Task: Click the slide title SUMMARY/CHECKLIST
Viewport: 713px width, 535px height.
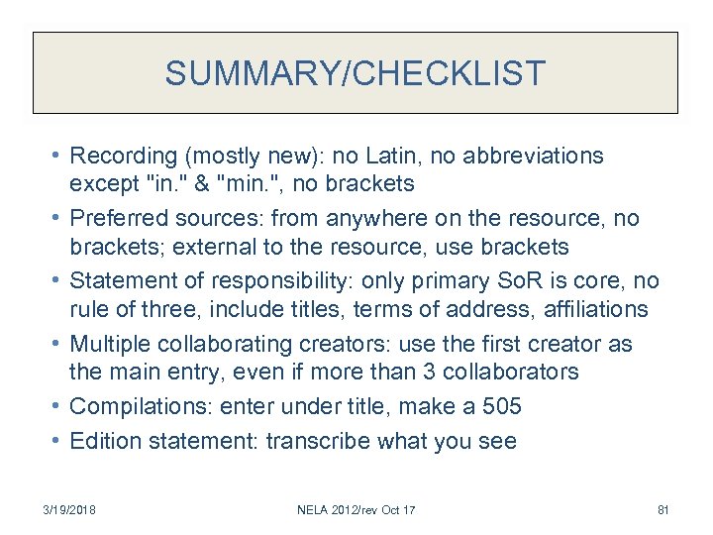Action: click(x=356, y=73)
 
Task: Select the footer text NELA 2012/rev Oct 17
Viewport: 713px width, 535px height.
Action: click(x=356, y=510)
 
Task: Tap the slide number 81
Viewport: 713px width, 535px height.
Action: click(x=663, y=510)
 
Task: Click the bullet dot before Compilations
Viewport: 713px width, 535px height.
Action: click(x=56, y=407)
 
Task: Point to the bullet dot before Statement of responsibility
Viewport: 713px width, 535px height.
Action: click(x=56, y=281)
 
